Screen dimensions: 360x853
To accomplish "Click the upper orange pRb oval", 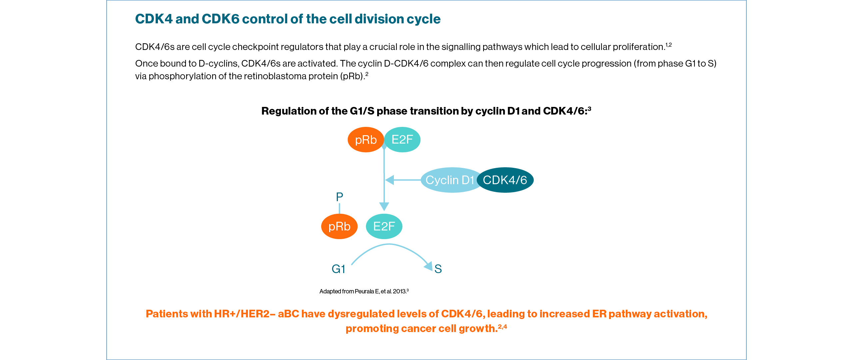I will point(366,140).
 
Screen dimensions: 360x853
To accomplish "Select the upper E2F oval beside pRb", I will point(402,140).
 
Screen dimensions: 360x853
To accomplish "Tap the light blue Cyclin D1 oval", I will point(449,180).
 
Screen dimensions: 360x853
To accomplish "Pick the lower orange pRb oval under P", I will point(339,226).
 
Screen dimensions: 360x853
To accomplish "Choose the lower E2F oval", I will point(384,226).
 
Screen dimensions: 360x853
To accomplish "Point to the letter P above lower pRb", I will point(340,197).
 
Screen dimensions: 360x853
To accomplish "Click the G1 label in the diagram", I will point(338,269).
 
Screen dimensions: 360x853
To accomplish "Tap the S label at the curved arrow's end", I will point(438,269).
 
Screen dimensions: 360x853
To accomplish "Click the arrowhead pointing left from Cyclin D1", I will point(390,180).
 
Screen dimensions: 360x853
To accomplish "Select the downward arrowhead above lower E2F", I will point(384,206).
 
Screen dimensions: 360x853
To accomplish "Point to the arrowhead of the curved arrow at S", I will point(428,266).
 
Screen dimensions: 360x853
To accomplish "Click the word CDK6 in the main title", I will point(220,19).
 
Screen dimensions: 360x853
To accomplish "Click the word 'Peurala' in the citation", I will point(364,291).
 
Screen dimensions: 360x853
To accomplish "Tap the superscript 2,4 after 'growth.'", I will point(502,327).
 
